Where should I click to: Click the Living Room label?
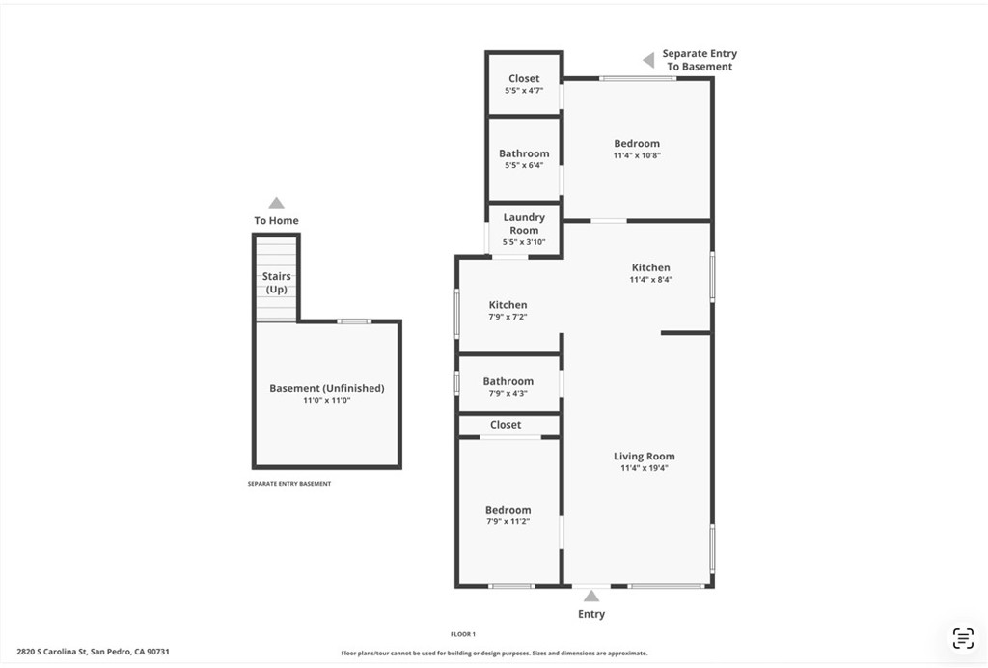[x=644, y=456]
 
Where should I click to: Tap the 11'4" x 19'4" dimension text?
[x=644, y=468]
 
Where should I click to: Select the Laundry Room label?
[x=524, y=224]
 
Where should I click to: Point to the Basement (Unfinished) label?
[x=326, y=388]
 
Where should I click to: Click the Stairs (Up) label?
[x=276, y=283]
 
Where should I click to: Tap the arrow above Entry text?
[x=591, y=596]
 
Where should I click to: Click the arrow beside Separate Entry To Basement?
[x=649, y=60]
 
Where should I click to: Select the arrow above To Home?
[x=276, y=203]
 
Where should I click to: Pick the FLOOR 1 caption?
[x=462, y=634]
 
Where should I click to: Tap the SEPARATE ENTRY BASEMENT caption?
[x=289, y=484]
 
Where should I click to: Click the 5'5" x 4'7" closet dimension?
[x=524, y=90]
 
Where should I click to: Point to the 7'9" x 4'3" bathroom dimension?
[x=508, y=394]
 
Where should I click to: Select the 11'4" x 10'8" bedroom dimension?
[x=637, y=155]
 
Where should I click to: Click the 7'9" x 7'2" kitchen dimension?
[x=508, y=317]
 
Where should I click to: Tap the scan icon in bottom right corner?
[x=962, y=638]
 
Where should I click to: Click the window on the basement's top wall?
[x=354, y=321]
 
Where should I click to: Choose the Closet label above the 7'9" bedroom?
[x=506, y=425]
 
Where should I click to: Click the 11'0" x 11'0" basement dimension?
[x=326, y=400]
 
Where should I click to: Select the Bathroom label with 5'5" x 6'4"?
[x=524, y=153]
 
